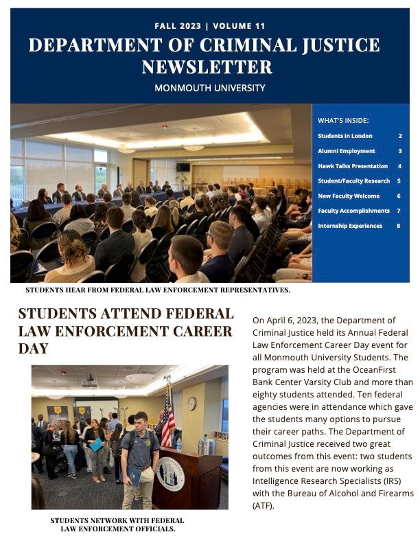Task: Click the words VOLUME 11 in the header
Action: pyautogui.click(x=240, y=27)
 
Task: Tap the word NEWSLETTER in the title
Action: pyautogui.click(x=207, y=67)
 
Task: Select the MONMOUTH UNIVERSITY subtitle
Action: pyautogui.click(x=210, y=89)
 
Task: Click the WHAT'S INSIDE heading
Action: pyautogui.click(x=343, y=120)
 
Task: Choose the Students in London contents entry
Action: pyautogui.click(x=345, y=136)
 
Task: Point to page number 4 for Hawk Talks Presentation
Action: pyautogui.click(x=399, y=166)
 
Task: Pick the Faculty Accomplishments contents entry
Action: pyautogui.click(x=354, y=211)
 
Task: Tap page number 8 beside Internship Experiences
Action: pyautogui.click(x=399, y=226)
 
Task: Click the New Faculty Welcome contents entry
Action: pyautogui.click(x=349, y=196)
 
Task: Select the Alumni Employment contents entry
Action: pyautogui.click(x=347, y=151)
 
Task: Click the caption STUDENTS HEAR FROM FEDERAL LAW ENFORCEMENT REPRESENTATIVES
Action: pyautogui.click(x=158, y=290)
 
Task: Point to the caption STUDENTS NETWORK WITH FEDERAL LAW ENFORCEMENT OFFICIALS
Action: pyautogui.click(x=117, y=524)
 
